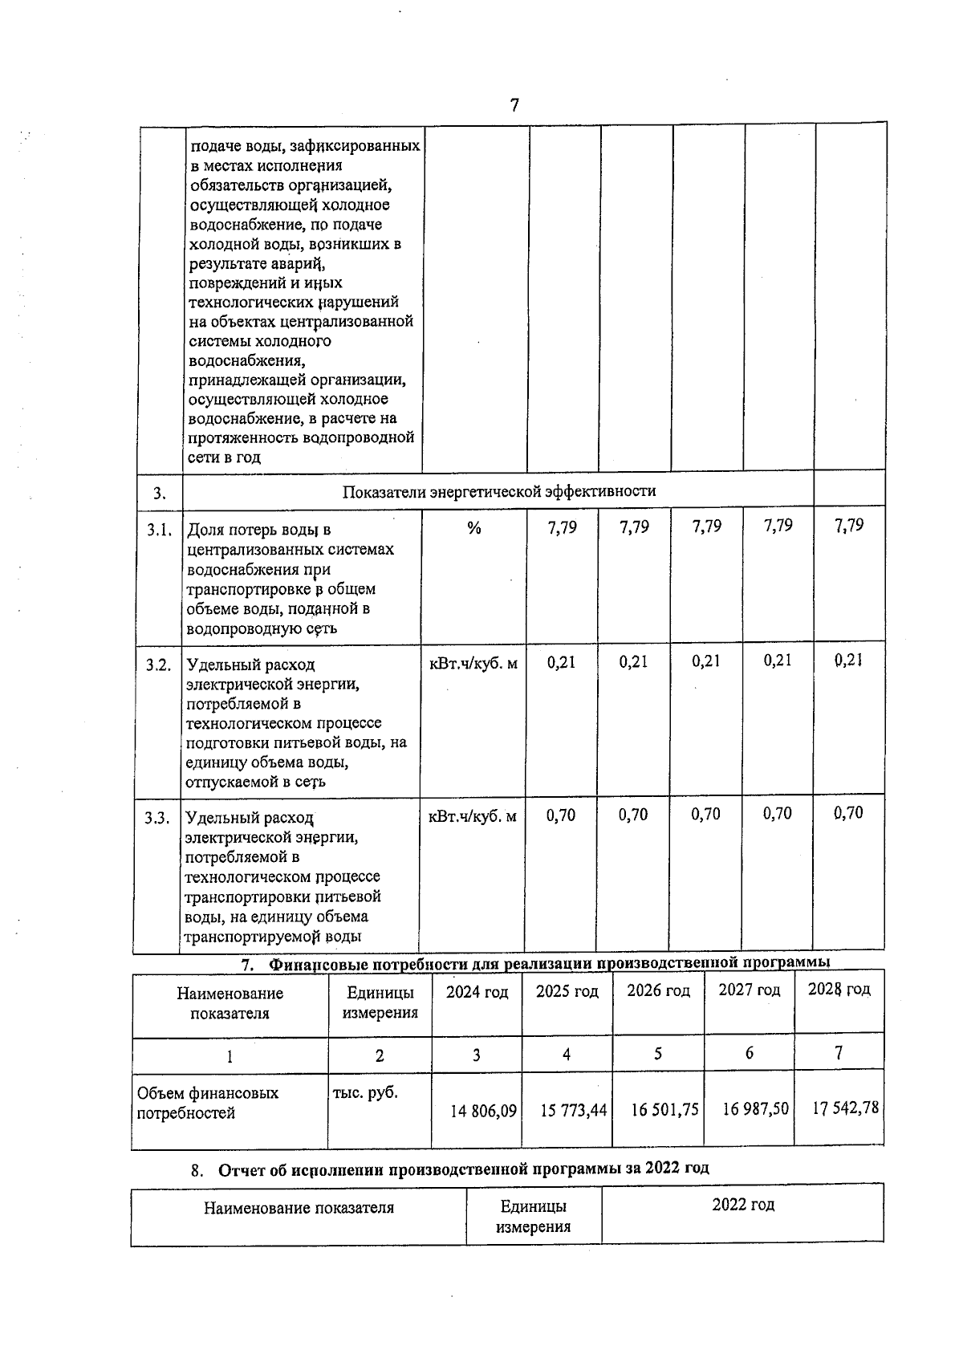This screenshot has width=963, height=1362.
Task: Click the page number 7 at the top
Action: click(514, 105)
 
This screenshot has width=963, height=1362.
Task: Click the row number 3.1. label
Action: click(159, 530)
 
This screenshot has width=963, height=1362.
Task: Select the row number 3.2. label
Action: click(158, 665)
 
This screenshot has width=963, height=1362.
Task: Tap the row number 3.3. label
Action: click(157, 818)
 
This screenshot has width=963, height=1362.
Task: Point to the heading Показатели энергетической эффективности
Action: click(498, 491)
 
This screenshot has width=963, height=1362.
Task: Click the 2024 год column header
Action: click(477, 992)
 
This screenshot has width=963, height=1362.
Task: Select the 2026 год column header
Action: click(658, 991)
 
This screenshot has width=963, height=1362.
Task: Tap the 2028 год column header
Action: click(839, 989)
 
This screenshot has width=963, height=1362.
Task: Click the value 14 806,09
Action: click(483, 1111)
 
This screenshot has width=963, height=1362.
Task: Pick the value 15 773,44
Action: click(573, 1110)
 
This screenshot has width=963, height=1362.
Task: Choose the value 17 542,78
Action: click(845, 1108)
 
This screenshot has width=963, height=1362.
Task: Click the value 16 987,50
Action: click(755, 1108)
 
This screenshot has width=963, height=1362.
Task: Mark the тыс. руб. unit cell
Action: click(365, 1093)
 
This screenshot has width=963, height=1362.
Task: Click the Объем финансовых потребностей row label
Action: click(208, 1103)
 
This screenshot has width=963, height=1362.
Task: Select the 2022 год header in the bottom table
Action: click(742, 1205)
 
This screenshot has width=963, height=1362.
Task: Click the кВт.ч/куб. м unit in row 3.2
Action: click(473, 663)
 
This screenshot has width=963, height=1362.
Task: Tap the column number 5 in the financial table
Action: click(657, 1054)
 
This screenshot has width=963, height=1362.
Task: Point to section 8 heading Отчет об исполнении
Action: click(463, 1168)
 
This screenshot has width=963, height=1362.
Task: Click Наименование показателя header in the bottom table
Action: click(299, 1207)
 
